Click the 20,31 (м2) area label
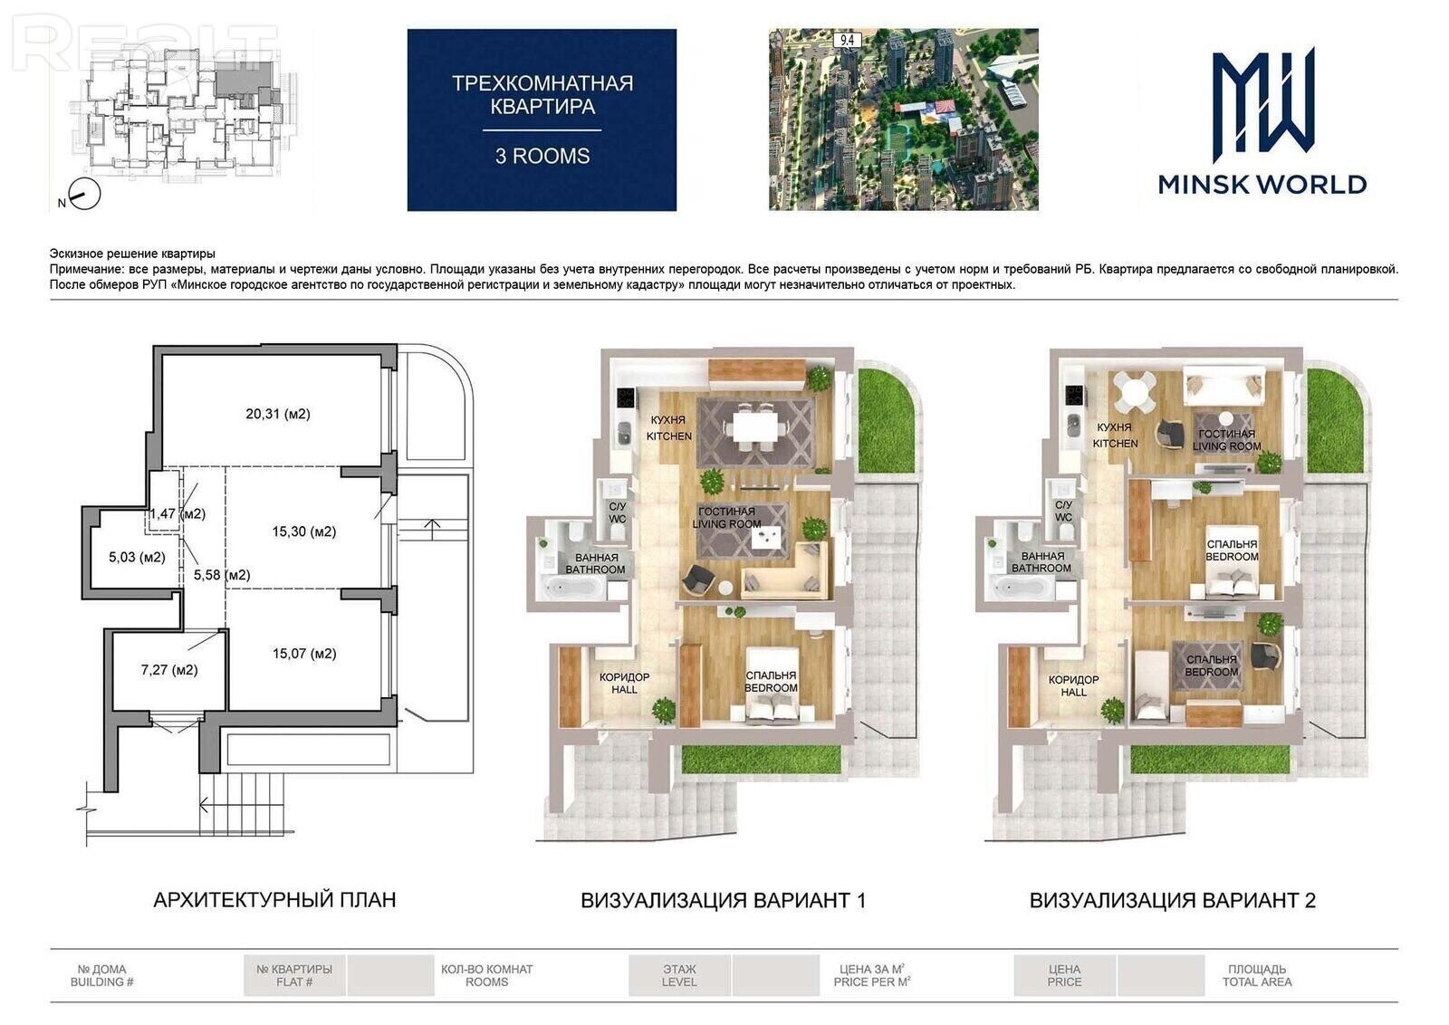click(x=277, y=414)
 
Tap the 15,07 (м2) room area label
click(x=304, y=654)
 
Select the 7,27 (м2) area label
click(x=169, y=670)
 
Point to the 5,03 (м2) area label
click(x=137, y=557)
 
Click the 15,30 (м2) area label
click(x=304, y=532)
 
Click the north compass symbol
click(x=84, y=194)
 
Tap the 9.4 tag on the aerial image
click(x=847, y=40)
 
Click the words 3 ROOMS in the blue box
click(x=542, y=157)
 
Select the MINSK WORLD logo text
click(x=1262, y=185)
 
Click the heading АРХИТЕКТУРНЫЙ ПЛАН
click(x=274, y=899)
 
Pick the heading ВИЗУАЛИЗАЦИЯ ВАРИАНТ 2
click(x=1172, y=900)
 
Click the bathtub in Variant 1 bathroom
click(x=571, y=588)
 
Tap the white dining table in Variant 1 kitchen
click(x=754, y=426)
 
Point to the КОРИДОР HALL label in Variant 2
click(x=1074, y=685)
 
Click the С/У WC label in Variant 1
click(x=617, y=512)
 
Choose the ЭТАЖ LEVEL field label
click(x=679, y=975)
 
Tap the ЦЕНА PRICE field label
click(x=1064, y=975)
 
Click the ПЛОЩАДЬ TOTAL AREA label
click(x=1257, y=975)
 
